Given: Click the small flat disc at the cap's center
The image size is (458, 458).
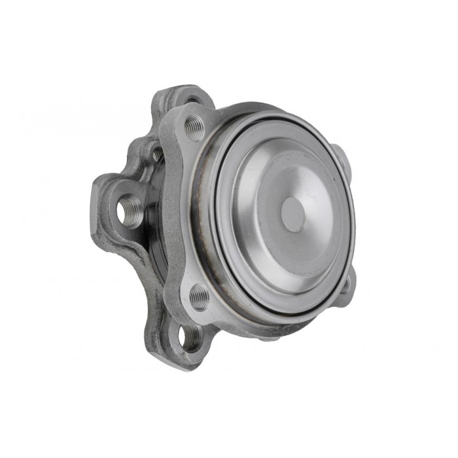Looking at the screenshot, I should click(292, 214).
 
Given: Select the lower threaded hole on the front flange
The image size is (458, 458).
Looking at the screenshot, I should click(199, 298).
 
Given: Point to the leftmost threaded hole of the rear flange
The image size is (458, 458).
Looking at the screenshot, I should click(129, 211).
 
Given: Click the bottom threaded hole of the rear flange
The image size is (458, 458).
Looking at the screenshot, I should click(190, 337).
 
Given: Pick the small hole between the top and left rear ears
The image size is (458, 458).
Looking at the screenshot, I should click(158, 154).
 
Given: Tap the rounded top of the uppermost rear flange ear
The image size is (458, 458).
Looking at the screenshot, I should click(183, 88).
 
